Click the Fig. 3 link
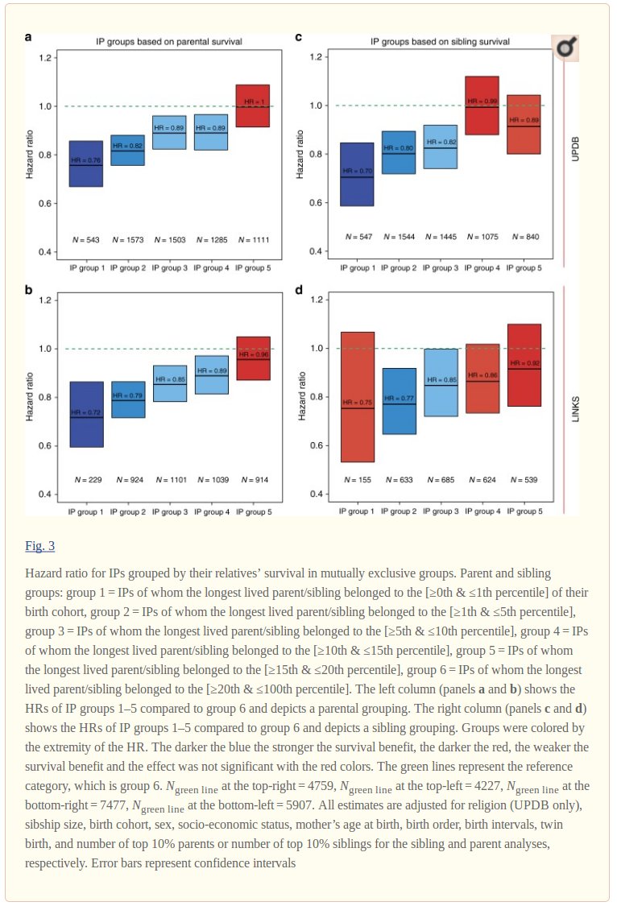coord(39,546)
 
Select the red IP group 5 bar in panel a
coord(252,105)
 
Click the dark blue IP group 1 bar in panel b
coord(86,414)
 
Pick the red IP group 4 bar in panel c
coord(482,105)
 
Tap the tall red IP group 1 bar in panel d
coord(358,397)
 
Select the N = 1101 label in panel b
coord(169,480)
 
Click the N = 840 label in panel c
coord(524,237)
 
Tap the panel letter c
coord(299,37)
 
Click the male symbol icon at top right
coord(566,49)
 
